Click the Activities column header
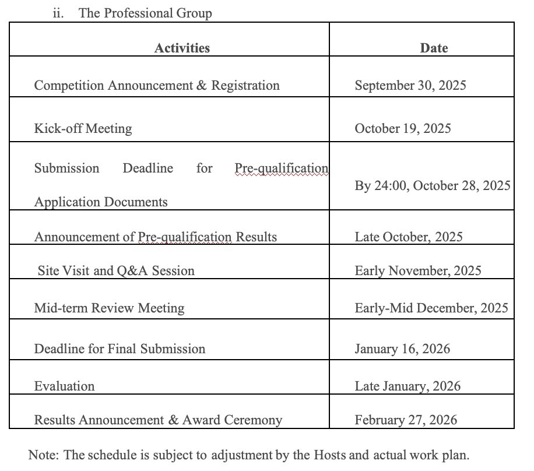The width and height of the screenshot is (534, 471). point(182,48)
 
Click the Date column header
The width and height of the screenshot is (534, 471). point(434,48)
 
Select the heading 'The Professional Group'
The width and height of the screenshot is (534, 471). point(145,13)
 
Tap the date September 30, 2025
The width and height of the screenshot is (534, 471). point(410,85)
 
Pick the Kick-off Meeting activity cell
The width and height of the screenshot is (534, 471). point(83,128)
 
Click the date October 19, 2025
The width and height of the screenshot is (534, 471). point(403,128)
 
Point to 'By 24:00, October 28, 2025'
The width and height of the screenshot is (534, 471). point(433,185)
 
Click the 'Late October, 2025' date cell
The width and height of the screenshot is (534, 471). point(409,237)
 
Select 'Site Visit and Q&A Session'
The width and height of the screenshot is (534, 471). point(116,270)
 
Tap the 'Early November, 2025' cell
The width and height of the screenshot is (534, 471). point(418,270)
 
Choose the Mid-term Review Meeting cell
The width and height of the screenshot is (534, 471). point(109,308)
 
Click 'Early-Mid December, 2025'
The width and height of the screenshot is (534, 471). point(431,308)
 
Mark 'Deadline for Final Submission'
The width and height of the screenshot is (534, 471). point(120,349)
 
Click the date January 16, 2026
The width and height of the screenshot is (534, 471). point(402,349)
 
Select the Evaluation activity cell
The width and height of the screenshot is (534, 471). point(64,386)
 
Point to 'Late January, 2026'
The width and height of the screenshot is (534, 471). point(407,386)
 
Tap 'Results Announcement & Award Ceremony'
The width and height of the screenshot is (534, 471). point(158,420)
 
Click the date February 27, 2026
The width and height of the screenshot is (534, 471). point(406,420)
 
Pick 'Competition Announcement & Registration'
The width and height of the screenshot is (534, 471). point(157,85)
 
